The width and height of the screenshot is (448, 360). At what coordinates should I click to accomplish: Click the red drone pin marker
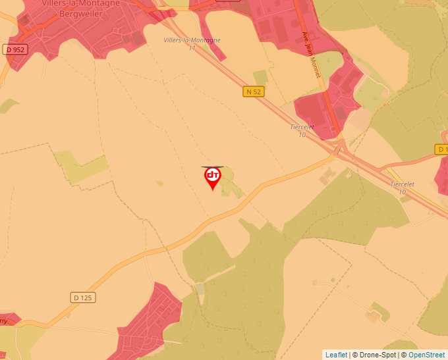[212, 177]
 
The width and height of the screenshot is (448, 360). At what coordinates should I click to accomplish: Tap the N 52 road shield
[254, 92]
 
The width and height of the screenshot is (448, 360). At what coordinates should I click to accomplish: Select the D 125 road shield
[83, 297]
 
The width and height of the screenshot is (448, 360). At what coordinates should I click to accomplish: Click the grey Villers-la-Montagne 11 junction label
[192, 43]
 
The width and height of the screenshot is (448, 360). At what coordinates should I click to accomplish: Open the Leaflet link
[336, 355]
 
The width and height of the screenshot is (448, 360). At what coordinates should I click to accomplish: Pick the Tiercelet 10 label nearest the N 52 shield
[302, 130]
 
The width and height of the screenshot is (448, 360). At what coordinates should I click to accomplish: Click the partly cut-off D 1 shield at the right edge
[442, 149]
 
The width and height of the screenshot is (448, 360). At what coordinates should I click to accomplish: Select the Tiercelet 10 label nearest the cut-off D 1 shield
[403, 188]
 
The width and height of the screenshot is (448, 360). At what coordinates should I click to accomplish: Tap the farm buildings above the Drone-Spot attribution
[373, 317]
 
